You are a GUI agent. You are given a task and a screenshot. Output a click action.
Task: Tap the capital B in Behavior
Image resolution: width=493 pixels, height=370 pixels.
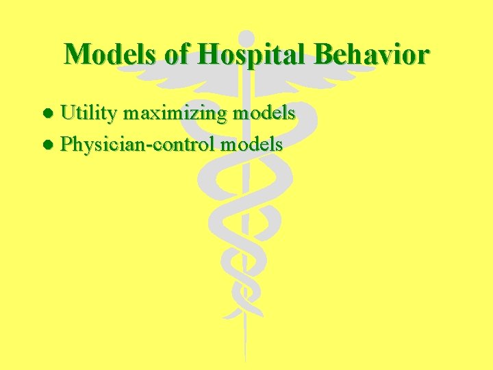(326, 53)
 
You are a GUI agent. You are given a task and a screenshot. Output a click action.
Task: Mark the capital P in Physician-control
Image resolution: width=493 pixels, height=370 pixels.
(66, 144)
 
